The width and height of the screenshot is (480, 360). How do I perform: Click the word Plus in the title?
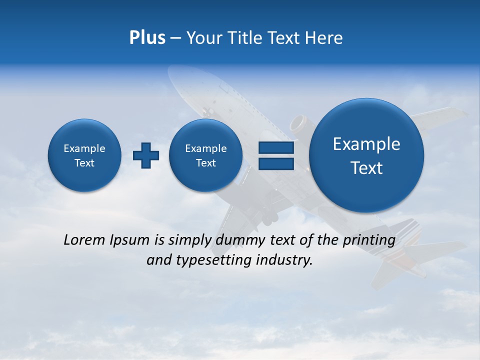coord(147,38)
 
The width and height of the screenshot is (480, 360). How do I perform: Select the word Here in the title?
coord(324,38)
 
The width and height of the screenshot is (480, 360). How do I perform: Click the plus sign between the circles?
coord(146,155)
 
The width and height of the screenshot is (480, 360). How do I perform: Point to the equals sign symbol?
coord(275,155)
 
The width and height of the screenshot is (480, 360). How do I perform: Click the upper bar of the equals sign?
coord(275,147)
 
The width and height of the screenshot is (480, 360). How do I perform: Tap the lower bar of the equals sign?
coord(275,164)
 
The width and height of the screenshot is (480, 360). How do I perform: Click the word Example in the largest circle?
coord(366,144)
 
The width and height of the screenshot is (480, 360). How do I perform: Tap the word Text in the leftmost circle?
coord(84,163)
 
